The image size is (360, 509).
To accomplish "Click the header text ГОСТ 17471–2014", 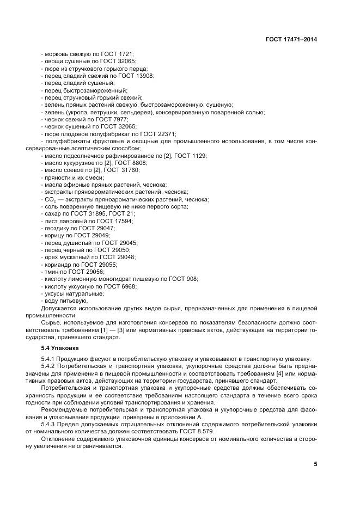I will click(291, 39).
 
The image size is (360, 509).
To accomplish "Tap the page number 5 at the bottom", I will click(315, 464).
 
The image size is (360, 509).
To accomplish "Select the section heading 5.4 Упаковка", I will click(60, 347).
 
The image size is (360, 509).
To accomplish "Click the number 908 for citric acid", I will click(192, 278).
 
